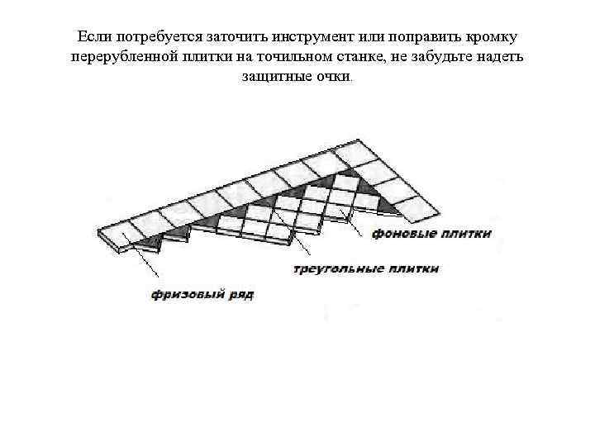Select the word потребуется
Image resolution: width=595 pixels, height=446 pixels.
pos(153,38)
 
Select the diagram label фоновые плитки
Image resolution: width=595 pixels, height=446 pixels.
pos(431,234)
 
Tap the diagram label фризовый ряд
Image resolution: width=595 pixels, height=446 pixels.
pos(202,294)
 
